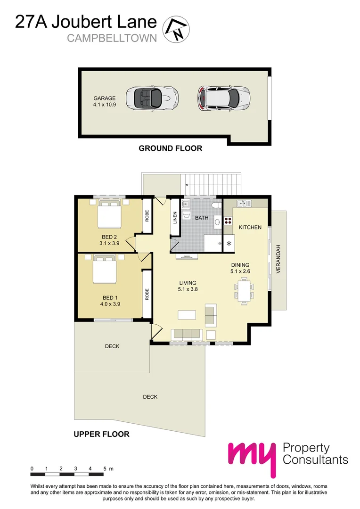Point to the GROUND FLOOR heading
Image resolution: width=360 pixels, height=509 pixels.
click(170, 148)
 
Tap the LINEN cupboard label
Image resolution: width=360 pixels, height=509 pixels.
click(175, 217)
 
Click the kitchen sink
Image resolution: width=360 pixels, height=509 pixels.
click(244, 204)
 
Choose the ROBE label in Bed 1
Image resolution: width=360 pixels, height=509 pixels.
click(147, 295)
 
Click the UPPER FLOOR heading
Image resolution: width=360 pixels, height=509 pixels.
click(101, 434)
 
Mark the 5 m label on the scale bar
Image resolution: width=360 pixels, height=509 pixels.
click(108, 469)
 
